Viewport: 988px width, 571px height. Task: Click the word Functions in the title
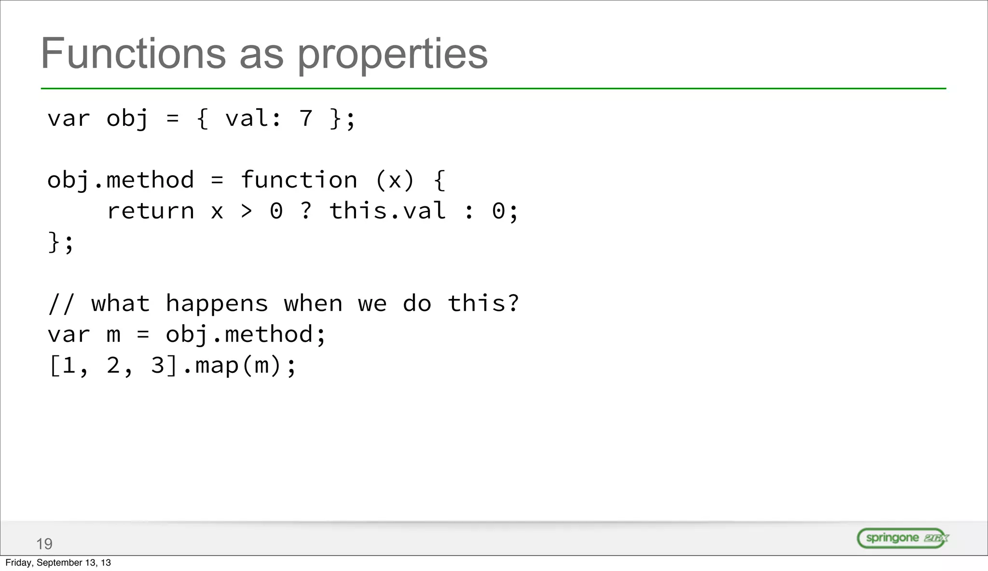coord(133,54)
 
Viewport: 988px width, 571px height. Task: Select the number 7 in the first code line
coord(306,119)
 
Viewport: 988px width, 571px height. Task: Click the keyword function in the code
coord(299,180)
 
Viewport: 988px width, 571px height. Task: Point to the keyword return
coord(151,211)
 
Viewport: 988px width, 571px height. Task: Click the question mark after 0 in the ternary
coord(306,211)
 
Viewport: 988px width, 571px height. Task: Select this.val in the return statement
coord(387,211)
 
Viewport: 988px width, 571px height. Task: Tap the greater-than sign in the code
coord(247,211)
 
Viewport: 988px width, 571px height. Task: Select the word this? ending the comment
coord(483,304)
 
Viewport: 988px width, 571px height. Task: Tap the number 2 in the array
coord(113,366)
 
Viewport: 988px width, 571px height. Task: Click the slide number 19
coord(44,544)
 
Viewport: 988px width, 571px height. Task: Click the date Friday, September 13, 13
coord(58,563)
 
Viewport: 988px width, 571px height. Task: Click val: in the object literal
coord(253,119)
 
